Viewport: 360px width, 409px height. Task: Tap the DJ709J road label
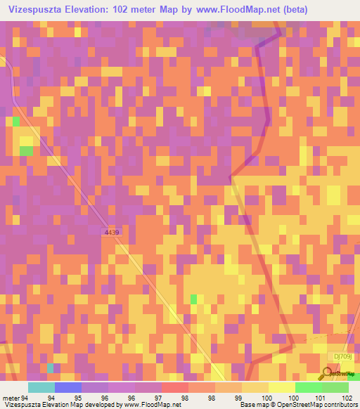tap(344, 357)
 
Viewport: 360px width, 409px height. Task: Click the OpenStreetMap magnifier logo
tap(329, 373)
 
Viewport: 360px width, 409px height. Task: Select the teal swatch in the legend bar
tap(41, 387)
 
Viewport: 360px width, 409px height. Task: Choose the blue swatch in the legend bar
tap(67, 387)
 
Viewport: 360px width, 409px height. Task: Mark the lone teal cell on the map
tap(50, 368)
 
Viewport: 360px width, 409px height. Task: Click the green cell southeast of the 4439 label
tap(193, 299)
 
